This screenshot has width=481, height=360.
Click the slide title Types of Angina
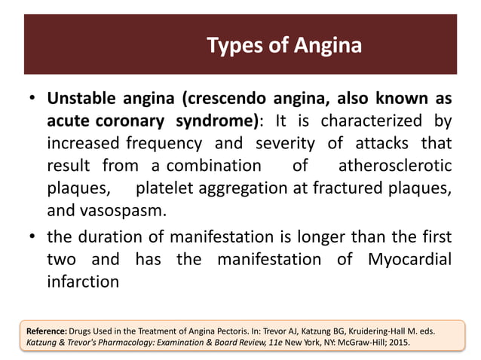[283, 46]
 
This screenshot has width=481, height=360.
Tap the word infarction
[83, 282]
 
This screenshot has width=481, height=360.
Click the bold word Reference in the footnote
[46, 330]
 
